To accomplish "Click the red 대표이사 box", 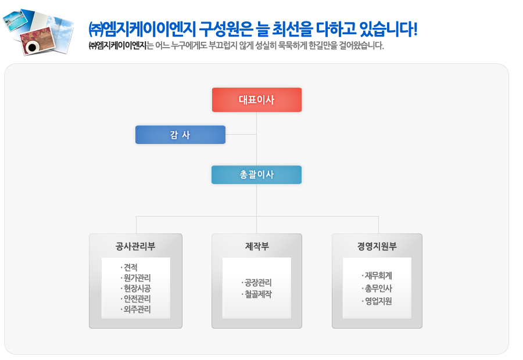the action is [257, 100].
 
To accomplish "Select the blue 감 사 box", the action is [181, 135].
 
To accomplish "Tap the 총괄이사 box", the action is [256, 175].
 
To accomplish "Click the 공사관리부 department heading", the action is [135, 246].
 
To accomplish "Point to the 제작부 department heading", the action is [257, 246].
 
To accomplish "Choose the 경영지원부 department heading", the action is [377, 246].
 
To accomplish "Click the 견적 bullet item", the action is [129, 267].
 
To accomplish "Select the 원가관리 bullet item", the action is [136, 278].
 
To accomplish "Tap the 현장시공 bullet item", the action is [136, 289].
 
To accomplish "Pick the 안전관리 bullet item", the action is [136, 298].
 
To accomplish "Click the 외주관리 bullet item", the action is [136, 309].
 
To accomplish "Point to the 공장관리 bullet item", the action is [256, 283].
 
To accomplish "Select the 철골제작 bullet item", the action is [256, 294].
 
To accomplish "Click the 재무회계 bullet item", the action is [377, 276].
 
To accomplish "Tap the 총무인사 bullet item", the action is [377, 289].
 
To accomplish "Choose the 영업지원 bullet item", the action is [377, 301].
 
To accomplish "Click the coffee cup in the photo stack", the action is [32, 48].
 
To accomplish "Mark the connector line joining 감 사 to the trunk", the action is [241, 135].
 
